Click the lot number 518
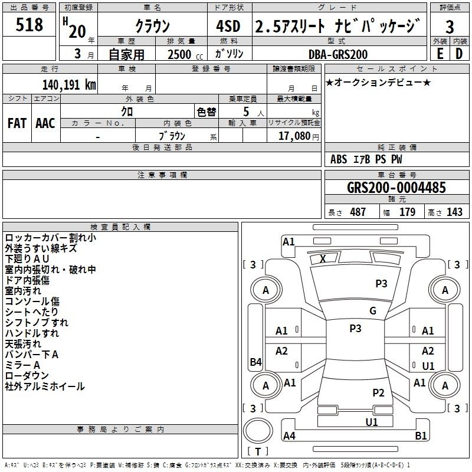29,24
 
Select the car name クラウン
153,26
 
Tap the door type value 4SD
228,26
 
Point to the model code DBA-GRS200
337,54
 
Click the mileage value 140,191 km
69,84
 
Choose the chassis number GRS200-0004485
396,187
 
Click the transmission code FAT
17,123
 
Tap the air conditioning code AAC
45,123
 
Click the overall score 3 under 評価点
450,27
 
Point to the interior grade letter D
459,54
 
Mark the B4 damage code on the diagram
256,362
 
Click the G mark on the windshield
373,310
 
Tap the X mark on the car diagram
323,258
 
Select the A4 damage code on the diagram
289,435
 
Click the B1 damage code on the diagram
421,435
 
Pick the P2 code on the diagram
378,392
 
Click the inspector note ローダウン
27,375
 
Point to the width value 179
407,212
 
